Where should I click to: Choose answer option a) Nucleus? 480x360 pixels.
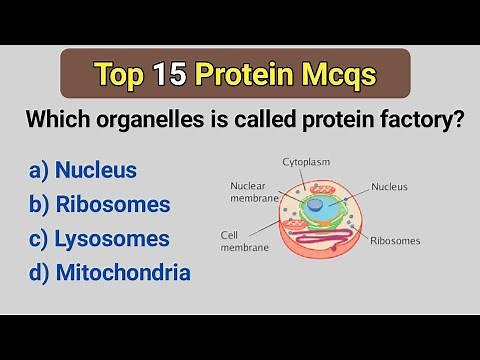[x=83, y=169]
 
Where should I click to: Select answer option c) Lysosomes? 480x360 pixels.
[x=99, y=238]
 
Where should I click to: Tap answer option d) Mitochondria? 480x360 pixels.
[x=110, y=272]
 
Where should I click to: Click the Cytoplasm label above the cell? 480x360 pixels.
[x=306, y=161]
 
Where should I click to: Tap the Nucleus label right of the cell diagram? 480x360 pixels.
[x=389, y=186]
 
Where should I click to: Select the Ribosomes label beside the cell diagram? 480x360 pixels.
[x=394, y=241]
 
